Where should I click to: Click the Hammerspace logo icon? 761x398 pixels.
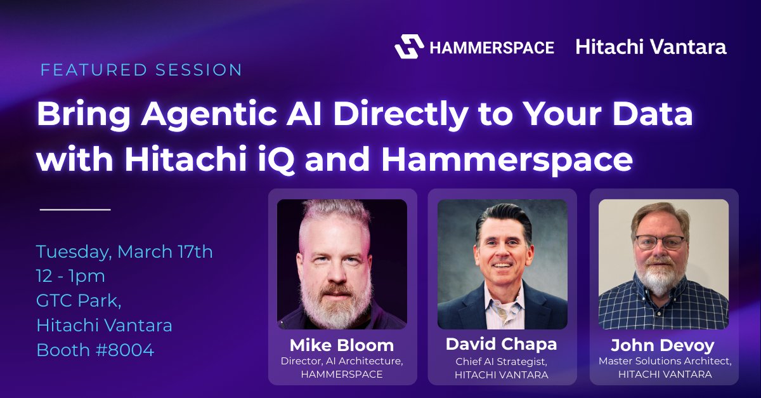(x=409, y=47)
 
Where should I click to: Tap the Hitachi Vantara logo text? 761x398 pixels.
(x=651, y=47)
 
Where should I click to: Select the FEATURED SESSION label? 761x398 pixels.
(x=141, y=70)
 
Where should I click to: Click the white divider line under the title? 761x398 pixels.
(x=75, y=209)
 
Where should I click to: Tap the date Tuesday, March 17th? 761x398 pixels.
(x=124, y=252)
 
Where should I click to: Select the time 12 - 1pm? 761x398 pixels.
(x=70, y=276)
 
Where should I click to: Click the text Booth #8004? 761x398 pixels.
(x=95, y=350)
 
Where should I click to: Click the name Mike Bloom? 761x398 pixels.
(x=342, y=345)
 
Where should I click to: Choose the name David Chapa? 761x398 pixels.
(x=501, y=344)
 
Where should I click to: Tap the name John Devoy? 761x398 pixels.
(x=662, y=346)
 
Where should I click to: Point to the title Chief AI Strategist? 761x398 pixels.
(x=502, y=362)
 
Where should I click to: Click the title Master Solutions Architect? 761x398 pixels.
(x=665, y=362)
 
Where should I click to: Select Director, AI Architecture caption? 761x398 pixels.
(x=342, y=361)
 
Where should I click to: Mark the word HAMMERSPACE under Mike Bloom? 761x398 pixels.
(x=342, y=375)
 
